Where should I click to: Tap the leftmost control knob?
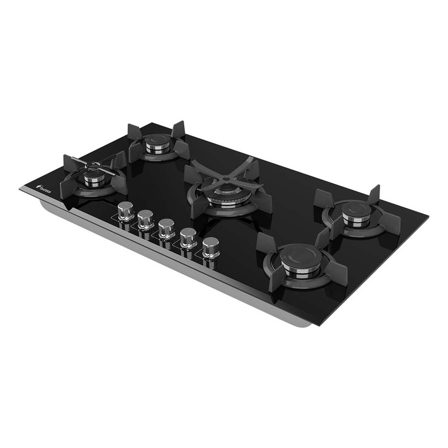(126, 211)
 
